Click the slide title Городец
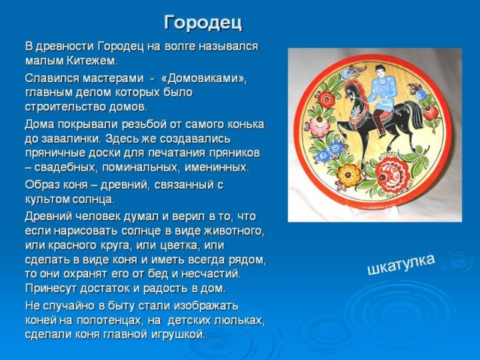click(x=203, y=22)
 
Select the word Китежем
click(x=92, y=61)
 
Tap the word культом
click(x=47, y=199)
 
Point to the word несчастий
click(x=211, y=274)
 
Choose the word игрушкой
click(x=178, y=334)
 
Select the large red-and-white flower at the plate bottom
click(x=393, y=175)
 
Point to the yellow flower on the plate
click(x=349, y=175)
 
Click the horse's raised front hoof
click(x=339, y=124)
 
